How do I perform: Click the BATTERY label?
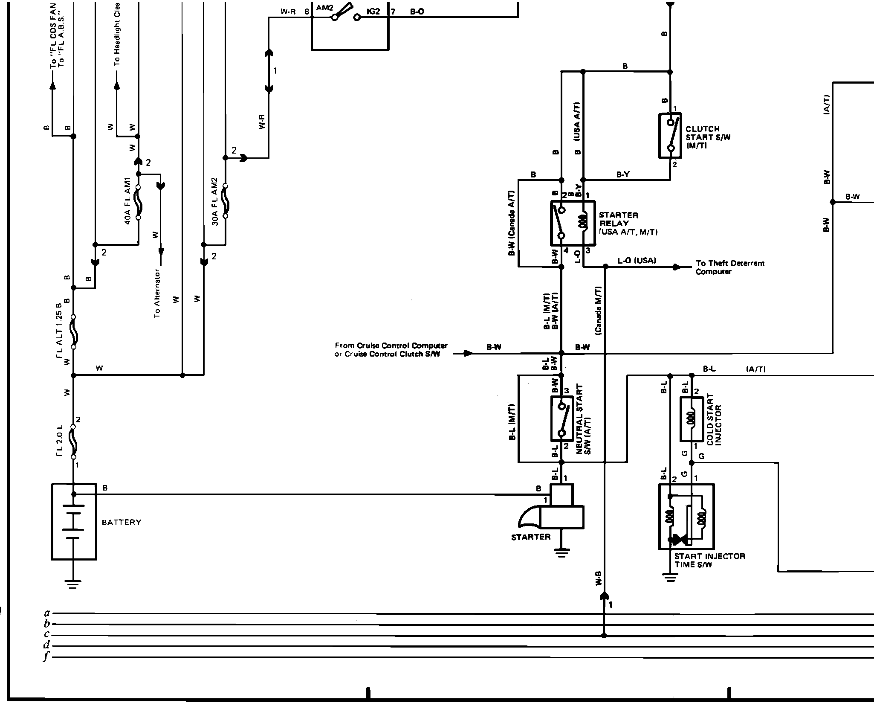122,522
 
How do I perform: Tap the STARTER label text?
531,537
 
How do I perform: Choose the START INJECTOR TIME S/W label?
709,560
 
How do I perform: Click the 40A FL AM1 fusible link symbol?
139,202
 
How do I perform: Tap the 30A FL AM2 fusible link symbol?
225,201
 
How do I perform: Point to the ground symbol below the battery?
73,584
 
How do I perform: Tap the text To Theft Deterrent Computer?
730,267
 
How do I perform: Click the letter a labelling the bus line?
47,613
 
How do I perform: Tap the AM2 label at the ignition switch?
324,8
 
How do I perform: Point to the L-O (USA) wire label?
637,261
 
